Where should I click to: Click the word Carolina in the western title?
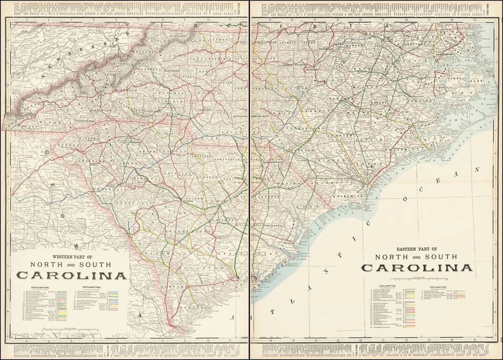click(x=72, y=276)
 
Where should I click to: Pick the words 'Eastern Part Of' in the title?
click(x=417, y=249)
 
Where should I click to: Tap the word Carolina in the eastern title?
click(x=416, y=268)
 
